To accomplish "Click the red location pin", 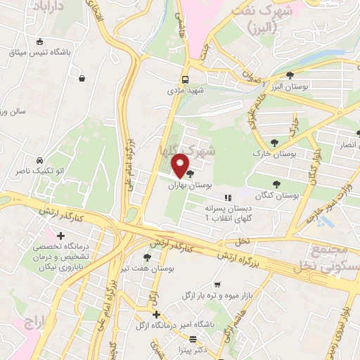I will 180,165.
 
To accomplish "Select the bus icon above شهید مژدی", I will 185,79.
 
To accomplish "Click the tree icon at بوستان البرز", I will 290,75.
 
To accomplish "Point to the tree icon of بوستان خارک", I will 284,141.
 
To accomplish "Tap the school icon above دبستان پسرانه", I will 226,198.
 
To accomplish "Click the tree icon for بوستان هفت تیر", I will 146,257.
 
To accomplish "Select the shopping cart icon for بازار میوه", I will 217,285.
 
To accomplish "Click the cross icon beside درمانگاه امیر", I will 156,314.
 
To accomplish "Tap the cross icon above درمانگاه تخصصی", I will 61,235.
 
